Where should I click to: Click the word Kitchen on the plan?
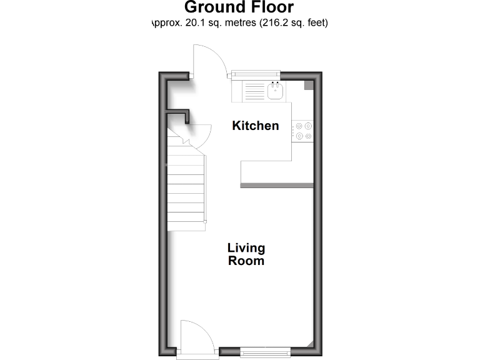point(255,126)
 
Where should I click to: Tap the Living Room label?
point(246,254)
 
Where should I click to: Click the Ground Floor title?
point(239,8)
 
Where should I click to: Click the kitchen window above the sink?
point(255,75)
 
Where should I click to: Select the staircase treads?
point(185,187)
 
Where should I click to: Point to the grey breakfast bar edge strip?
point(276,184)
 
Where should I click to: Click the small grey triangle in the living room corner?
point(311,344)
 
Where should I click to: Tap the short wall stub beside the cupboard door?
point(178,113)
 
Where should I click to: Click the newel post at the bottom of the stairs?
point(204,222)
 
